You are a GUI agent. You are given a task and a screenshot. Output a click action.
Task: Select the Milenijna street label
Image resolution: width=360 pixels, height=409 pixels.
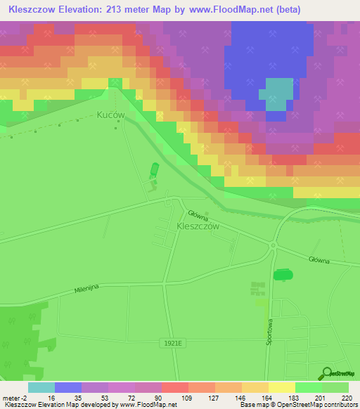89,289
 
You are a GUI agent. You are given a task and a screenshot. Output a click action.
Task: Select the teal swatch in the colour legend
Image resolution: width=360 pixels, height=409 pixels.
41,387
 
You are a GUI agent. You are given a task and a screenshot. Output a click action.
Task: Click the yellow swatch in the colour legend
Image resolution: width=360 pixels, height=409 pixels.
282,387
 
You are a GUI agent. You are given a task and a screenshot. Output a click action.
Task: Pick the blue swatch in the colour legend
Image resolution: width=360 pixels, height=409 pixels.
68,387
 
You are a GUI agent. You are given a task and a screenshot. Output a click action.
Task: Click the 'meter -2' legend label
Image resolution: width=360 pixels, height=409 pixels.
13,398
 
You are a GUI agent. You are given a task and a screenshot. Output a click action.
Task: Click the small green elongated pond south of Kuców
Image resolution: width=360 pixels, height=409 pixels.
154,171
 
